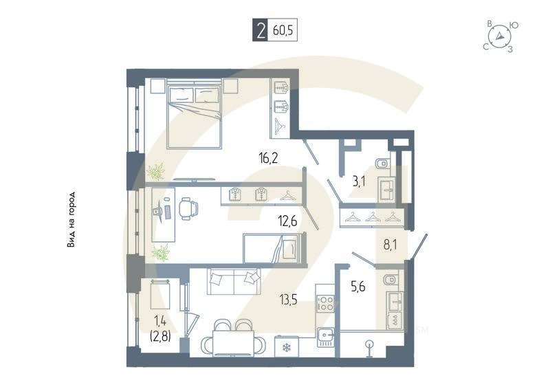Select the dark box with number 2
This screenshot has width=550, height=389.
(x=260, y=30)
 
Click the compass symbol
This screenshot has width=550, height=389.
(x=500, y=36)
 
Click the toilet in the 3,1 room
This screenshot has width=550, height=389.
(x=382, y=163)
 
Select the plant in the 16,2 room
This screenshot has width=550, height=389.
(x=155, y=170)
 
